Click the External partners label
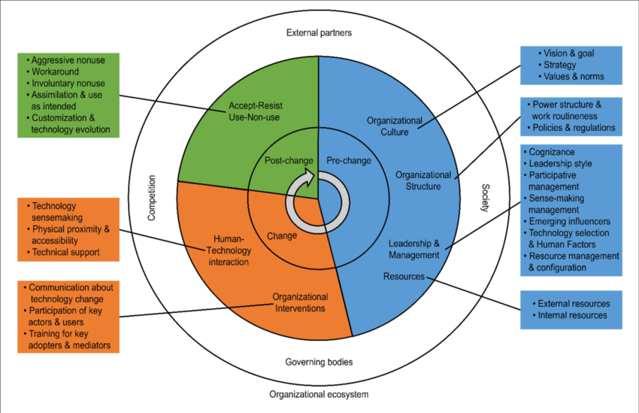319,32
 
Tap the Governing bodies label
319,362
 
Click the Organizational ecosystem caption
319,394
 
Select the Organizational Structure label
424,181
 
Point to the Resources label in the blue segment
404,277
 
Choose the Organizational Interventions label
299,302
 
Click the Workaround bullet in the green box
54,71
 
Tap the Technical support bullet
68,252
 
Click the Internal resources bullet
572,315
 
